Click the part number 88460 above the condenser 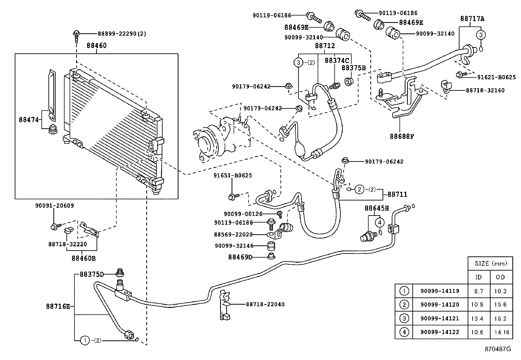pyautogui.click(x=97, y=46)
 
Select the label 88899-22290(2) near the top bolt pyautogui.click(x=122, y=33)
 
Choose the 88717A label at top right pyautogui.click(x=472, y=19)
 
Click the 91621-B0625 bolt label pyautogui.click(x=496, y=78)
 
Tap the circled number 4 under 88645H pyautogui.click(x=380, y=222)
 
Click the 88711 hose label pyautogui.click(x=397, y=195)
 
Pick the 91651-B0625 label pyautogui.click(x=233, y=176)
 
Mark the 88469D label pyautogui.click(x=240, y=257)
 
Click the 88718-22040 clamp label pyautogui.click(x=265, y=304)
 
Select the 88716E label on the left pyautogui.click(x=58, y=307)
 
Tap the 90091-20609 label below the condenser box pyautogui.click(x=54, y=206)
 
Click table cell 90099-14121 pyautogui.click(x=440, y=318)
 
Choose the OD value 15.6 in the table pyautogui.click(x=500, y=305)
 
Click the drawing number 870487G pyautogui.click(x=498, y=349)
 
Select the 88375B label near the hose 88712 pyautogui.click(x=353, y=68)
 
